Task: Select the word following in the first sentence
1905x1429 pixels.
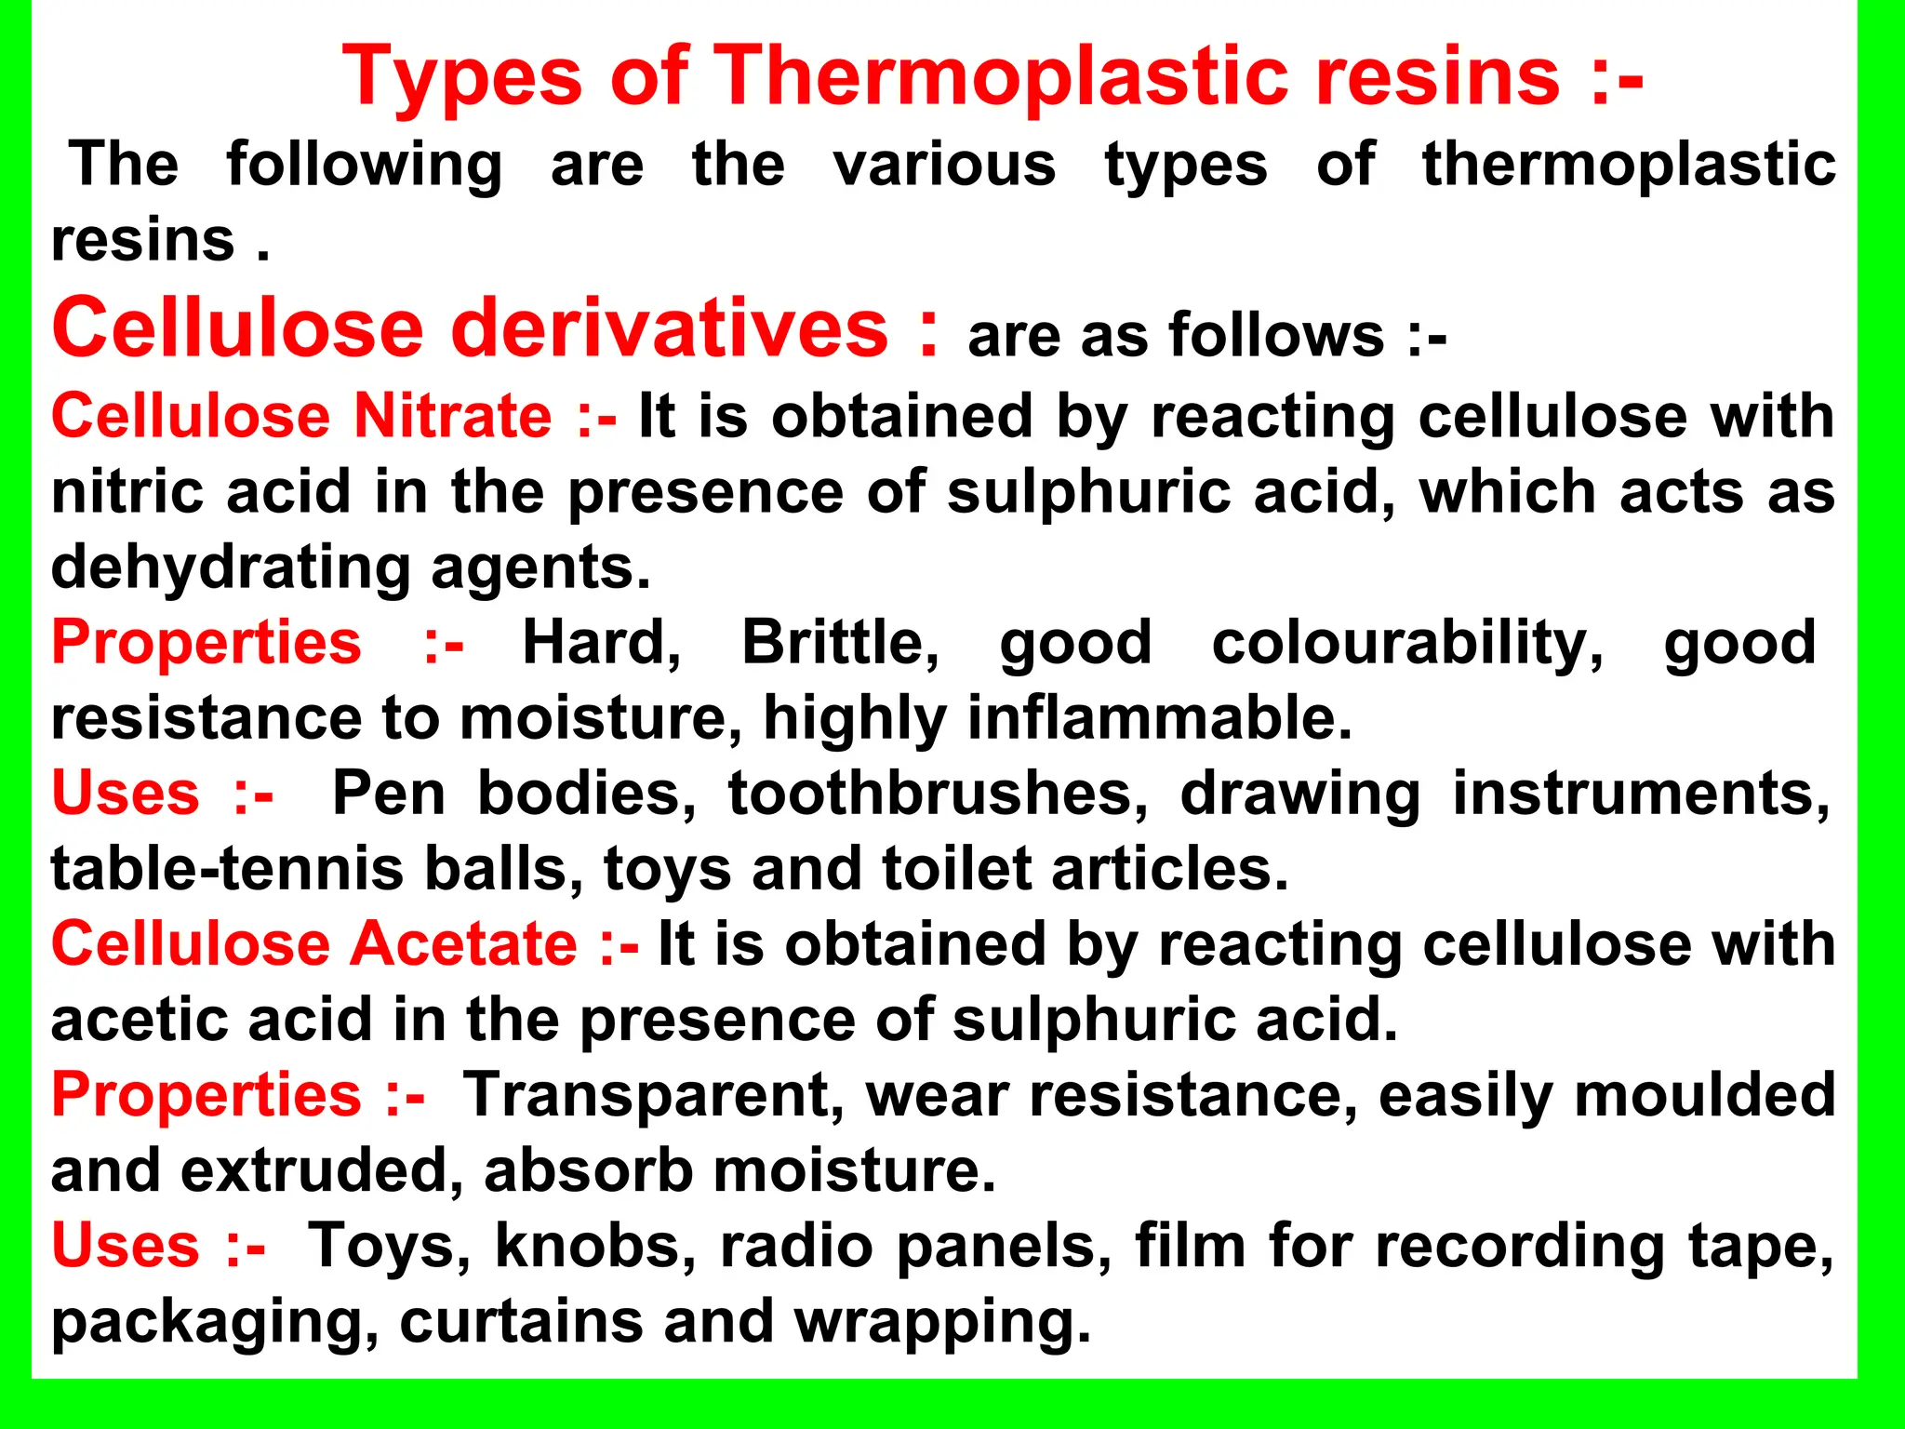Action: [364, 166]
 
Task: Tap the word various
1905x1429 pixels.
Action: [944, 165]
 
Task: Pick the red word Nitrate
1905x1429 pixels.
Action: [453, 415]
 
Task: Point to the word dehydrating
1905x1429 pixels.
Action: [230, 568]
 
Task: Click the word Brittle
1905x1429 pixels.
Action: [839, 642]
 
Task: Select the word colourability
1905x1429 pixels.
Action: [1406, 642]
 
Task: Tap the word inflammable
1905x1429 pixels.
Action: [1159, 718]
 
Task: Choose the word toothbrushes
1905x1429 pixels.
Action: [938, 794]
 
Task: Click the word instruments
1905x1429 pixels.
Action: [1641, 794]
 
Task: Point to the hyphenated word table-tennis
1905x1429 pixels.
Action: [227, 869]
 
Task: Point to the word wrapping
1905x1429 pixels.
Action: [942, 1321]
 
